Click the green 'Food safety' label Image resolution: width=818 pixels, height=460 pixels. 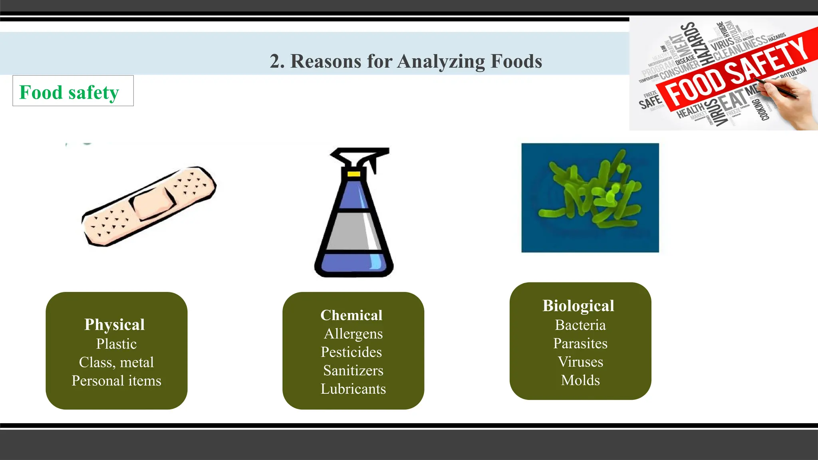69,92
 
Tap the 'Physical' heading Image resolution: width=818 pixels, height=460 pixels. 115,325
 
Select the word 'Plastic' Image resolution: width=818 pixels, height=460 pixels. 116,344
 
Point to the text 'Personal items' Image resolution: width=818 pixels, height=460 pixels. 116,381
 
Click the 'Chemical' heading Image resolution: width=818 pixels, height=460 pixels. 351,315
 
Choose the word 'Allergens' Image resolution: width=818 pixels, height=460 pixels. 353,333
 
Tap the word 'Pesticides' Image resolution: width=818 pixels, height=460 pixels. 351,352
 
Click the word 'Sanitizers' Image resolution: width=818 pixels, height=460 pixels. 353,370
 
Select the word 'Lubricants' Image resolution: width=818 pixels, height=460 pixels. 353,389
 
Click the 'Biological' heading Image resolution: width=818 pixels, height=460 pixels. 578,305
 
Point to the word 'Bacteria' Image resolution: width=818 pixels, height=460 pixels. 580,325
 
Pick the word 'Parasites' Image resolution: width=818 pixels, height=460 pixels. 580,343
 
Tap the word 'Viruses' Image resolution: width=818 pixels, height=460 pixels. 580,361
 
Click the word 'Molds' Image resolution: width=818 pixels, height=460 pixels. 580,380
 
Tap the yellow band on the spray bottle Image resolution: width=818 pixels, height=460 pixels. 353,174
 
